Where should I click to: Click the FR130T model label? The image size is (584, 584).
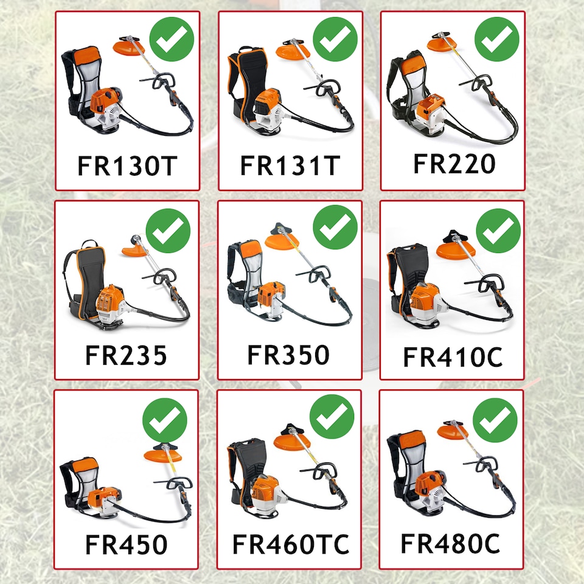point(127,165)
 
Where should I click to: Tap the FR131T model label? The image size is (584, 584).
point(290,165)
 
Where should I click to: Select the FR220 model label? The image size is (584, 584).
point(454,164)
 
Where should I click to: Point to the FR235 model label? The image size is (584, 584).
point(126,355)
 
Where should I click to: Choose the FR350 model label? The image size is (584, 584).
point(288,355)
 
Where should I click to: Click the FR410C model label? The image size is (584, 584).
point(453,357)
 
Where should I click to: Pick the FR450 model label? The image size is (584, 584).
point(127,544)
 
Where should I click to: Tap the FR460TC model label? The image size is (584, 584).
point(291,544)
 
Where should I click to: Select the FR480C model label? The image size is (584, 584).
point(450,543)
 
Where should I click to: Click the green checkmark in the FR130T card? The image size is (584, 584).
point(172,39)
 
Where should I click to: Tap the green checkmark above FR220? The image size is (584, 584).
point(497,39)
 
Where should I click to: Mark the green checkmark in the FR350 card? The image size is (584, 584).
point(335,227)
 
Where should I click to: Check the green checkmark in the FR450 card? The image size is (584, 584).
point(165,420)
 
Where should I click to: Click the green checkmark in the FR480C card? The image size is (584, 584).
point(495,420)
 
